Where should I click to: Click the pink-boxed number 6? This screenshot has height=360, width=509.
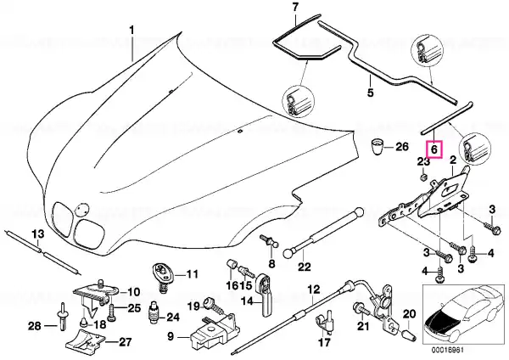tap(434, 149)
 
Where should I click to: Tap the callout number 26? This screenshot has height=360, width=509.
tap(401, 147)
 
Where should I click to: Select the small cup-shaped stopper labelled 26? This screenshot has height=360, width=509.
tap(377, 146)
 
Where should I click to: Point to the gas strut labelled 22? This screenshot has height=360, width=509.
tap(324, 233)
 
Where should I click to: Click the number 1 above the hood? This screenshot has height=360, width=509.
tap(131, 31)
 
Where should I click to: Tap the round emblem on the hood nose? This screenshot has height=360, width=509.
tap(80, 209)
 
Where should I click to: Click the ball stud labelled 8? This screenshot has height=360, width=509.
tap(269, 242)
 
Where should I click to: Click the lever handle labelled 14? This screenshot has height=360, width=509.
tap(266, 295)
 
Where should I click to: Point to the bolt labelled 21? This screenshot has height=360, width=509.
tap(361, 309)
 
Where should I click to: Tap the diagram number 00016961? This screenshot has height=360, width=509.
tap(447, 351)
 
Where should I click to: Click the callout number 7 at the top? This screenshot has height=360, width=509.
tap(295, 8)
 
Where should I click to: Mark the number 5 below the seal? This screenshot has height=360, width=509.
tap(371, 93)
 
